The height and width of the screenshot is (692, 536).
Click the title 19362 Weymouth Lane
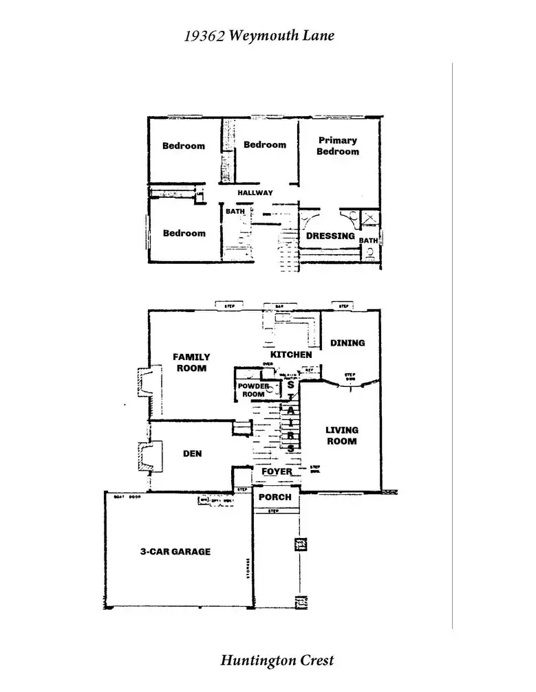pos(259,35)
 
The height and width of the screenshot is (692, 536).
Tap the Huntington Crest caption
pos(277,660)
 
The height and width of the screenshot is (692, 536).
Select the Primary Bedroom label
pos(338,146)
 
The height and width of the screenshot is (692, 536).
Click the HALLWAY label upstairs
pos(255,193)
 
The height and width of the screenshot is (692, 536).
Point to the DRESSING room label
pos(330,236)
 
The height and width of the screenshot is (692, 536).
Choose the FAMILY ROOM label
pos(191,362)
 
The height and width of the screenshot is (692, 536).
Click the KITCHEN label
pos(291,355)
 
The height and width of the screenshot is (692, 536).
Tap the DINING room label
pos(347,342)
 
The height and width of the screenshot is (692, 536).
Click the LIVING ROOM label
pos(342,435)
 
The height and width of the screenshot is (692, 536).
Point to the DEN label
pos(192,454)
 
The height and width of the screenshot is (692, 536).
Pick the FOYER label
pos(277,472)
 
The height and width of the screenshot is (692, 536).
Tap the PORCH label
pos(275,497)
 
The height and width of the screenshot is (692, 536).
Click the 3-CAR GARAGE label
pos(175,551)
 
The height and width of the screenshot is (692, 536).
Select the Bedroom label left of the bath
pos(184,233)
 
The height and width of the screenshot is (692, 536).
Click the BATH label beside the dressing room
pos(368,241)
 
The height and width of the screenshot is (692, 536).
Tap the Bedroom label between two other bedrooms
pos(264,144)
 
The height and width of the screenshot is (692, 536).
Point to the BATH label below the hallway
pos(235,212)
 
